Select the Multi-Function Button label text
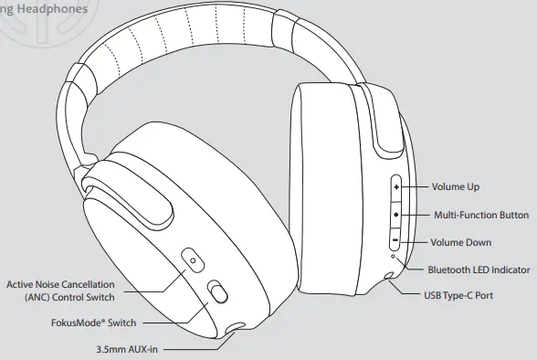click(x=480, y=215)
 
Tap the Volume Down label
click(x=461, y=242)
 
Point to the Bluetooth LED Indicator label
click(x=479, y=270)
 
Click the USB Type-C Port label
click(x=459, y=296)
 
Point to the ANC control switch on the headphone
click(x=192, y=261)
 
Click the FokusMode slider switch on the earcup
click(x=216, y=291)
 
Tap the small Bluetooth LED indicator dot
click(x=393, y=261)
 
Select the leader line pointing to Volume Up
click(x=416, y=186)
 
